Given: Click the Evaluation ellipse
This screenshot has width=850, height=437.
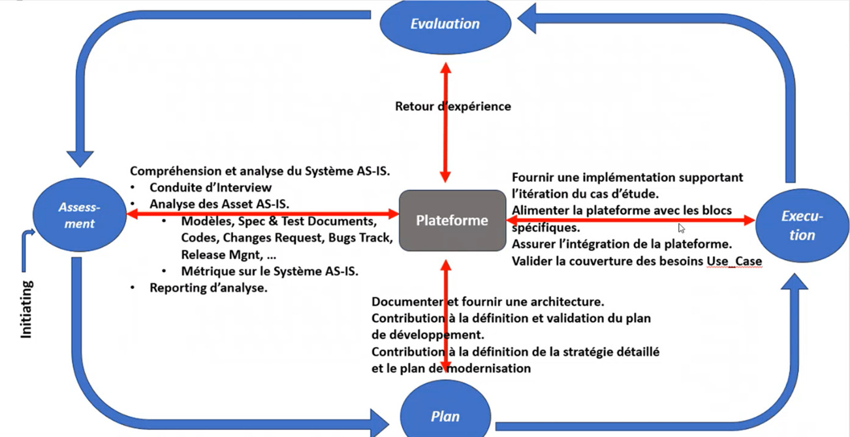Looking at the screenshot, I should [445, 24].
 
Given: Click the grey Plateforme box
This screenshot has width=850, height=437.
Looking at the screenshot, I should [452, 220].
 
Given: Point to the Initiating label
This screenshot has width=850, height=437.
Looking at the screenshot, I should [27, 309].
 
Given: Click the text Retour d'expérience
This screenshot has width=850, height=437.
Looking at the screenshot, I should [452, 106].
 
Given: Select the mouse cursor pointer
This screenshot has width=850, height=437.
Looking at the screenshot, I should [681, 228].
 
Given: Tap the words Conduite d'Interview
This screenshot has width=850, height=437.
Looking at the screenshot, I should [210, 188].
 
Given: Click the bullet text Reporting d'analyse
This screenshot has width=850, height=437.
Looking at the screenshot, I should [208, 288].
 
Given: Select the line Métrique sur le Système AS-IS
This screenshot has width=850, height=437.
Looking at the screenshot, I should [270, 271].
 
